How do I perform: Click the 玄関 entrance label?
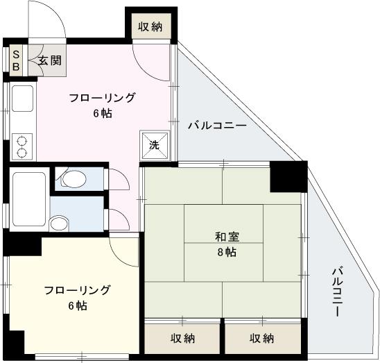[50, 60]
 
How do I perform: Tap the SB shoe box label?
[16, 60]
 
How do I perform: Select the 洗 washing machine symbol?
[155, 145]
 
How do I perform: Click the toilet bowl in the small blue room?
[74, 179]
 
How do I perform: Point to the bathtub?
[29, 199]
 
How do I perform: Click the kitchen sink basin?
[23, 99]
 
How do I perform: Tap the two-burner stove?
[22, 146]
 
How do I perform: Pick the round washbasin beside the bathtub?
[59, 223]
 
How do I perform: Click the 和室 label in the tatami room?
[227, 237]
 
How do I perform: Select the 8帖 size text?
[227, 253]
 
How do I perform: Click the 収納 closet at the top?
[150, 26]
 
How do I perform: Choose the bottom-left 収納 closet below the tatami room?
[182, 338]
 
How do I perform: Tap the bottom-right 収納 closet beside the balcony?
[263, 338]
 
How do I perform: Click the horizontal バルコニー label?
[217, 126]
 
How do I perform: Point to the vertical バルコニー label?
[337, 292]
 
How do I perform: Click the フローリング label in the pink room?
[102, 98]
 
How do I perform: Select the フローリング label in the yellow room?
[77, 290]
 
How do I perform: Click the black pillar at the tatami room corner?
[288, 176]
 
